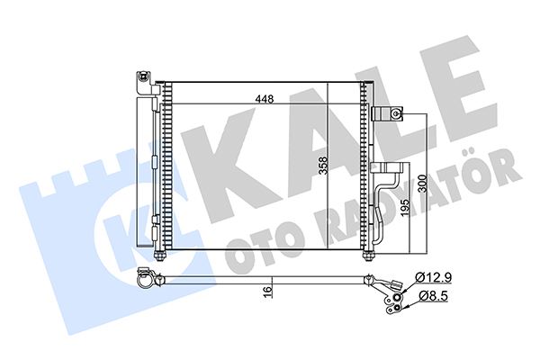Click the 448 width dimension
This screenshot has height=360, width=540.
263,99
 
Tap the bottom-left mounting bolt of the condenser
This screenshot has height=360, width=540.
160,254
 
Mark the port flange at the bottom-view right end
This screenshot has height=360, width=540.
397,292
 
